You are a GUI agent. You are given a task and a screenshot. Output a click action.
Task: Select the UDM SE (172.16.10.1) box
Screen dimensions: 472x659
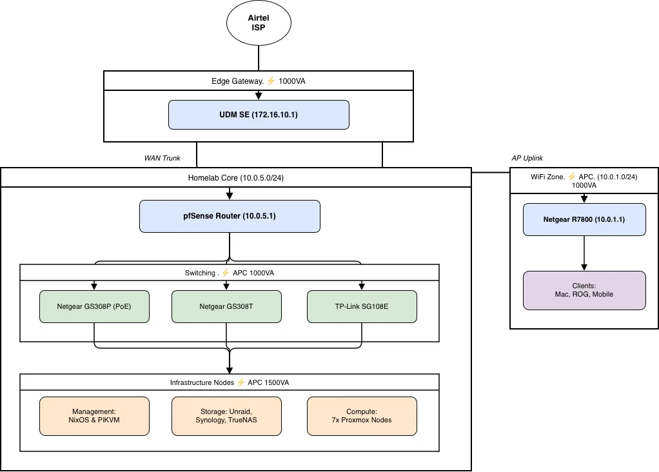tap(259, 114)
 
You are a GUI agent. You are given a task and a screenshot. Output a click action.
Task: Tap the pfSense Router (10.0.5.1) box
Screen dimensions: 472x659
tap(230, 216)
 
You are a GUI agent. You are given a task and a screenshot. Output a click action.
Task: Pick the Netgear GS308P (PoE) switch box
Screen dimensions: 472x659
tap(94, 306)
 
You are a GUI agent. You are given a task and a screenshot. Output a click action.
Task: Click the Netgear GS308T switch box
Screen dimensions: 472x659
tap(226, 306)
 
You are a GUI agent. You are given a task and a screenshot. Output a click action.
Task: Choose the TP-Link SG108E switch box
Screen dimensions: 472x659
tap(362, 306)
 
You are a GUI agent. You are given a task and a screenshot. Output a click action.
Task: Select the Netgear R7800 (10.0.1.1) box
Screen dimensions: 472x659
tap(584, 220)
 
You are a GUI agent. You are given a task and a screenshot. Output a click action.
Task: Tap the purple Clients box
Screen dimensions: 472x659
tap(584, 290)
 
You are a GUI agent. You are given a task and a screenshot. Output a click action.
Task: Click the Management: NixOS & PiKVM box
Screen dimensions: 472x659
tap(94, 415)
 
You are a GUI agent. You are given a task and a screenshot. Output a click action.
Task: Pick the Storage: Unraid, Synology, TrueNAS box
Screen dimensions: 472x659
tap(226, 415)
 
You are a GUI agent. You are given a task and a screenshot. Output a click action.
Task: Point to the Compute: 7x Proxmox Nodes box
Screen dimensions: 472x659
tap(362, 415)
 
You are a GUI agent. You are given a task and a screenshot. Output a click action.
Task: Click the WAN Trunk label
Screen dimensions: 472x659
tap(162, 158)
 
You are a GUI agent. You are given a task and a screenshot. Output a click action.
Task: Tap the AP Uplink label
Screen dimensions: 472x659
tap(527, 158)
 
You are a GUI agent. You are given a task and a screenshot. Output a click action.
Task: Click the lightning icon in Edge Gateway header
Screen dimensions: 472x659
tap(271, 81)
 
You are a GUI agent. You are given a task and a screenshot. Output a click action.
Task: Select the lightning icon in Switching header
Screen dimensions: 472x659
tap(226, 273)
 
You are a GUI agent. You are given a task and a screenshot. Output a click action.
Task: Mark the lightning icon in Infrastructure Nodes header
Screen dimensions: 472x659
tap(242, 382)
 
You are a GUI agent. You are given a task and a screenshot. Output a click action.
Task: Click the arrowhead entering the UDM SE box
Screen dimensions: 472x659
tap(259, 96)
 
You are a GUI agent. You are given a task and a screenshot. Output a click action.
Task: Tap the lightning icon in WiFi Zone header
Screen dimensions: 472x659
tap(571, 176)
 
